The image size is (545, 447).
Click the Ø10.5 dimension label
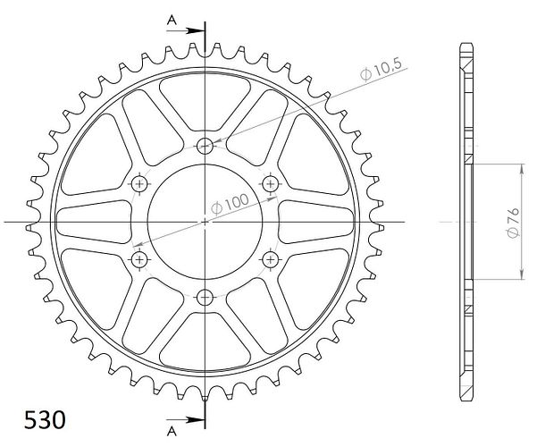[x=381, y=69]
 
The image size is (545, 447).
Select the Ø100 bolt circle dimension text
[x=231, y=205]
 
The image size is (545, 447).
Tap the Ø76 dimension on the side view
[x=513, y=223]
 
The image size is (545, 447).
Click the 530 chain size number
[x=45, y=420]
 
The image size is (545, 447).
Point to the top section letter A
[x=172, y=21]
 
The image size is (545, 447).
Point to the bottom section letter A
[x=172, y=431]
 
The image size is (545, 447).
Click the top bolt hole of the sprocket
[x=205, y=146]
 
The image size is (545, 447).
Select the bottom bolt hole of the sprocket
[x=205, y=298]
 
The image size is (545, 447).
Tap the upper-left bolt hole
[x=139, y=183]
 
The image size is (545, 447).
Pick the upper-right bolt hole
[x=271, y=183]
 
